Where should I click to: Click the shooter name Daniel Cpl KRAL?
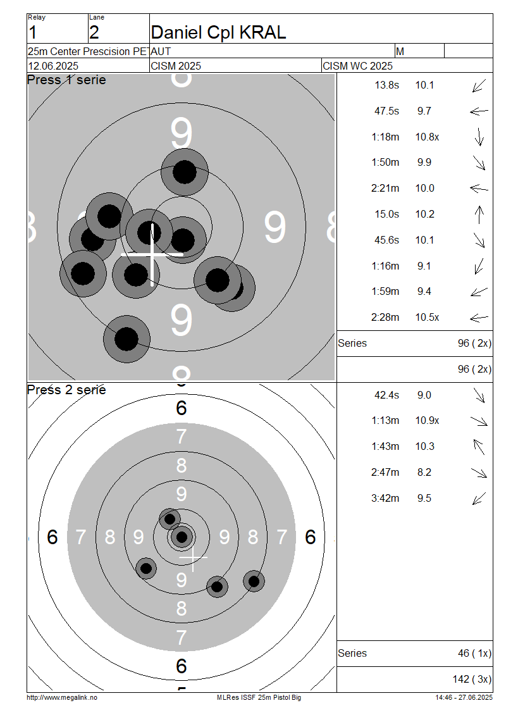tap(218, 32)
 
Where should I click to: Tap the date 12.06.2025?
tap(53, 66)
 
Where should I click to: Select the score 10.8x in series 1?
tap(427, 137)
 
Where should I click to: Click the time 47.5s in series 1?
tap(386, 111)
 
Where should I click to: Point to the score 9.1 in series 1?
tap(424, 266)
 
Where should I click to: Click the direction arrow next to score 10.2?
tap(479, 214)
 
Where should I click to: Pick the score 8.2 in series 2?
tap(424, 473)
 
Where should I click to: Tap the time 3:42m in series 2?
tap(385, 499)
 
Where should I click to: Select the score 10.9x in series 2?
tap(427, 420)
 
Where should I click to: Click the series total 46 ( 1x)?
tap(474, 654)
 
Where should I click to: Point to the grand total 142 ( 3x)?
tap(472, 680)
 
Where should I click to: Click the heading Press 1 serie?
tap(66, 80)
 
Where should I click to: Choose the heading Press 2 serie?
tap(66, 390)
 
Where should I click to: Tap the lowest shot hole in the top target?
tap(126, 339)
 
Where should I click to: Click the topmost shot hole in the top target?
tap(185, 172)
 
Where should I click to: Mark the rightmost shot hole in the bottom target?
tap(254, 581)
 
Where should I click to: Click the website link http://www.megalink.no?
tap(62, 697)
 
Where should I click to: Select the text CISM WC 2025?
tap(357, 66)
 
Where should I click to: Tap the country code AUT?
tap(161, 51)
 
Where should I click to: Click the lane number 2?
tap(94, 33)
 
